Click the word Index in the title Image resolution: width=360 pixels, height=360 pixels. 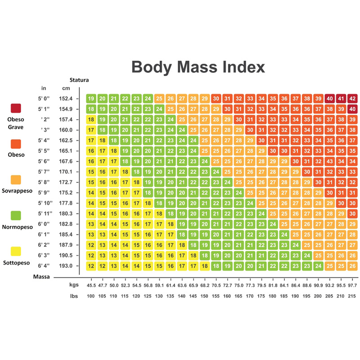[x=244, y=67]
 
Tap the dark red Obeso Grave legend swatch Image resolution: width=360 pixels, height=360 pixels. [x=16, y=108]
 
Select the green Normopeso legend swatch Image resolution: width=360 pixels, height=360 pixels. [x=16, y=216]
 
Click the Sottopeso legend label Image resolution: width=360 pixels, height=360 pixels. [x=16, y=263]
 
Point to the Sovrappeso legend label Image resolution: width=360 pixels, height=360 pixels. [x=17, y=191]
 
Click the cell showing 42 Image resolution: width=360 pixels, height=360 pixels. [x=352, y=99]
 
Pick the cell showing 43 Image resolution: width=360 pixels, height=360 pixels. [x=330, y=161]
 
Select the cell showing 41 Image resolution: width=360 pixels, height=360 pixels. [x=341, y=99]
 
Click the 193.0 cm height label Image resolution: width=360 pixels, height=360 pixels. [x=66, y=265]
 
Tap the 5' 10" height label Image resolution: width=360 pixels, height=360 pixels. [x=45, y=203]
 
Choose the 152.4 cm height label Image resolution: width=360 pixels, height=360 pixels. [x=66, y=99]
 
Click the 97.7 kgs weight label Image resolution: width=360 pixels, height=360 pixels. [x=352, y=285]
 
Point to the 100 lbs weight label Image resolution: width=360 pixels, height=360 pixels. [x=91, y=296]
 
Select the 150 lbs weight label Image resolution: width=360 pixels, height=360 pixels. [x=204, y=296]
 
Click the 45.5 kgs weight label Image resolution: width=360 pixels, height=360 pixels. [x=91, y=285]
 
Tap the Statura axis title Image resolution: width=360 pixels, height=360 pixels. [x=79, y=80]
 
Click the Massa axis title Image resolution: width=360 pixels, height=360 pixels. [x=41, y=277]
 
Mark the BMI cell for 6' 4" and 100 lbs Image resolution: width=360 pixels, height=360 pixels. [x=91, y=266]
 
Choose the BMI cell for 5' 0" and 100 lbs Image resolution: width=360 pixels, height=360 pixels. [x=91, y=99]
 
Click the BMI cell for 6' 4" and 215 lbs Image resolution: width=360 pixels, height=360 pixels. [x=352, y=266]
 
